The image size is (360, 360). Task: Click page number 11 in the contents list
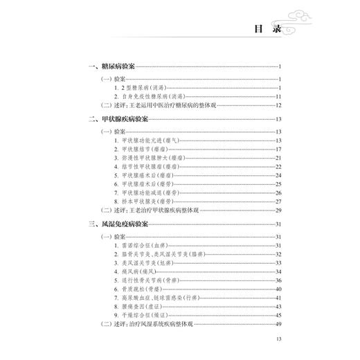tap(276, 97)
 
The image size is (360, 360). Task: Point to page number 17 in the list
tap(276, 150)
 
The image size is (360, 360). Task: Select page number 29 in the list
tap(276, 210)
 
